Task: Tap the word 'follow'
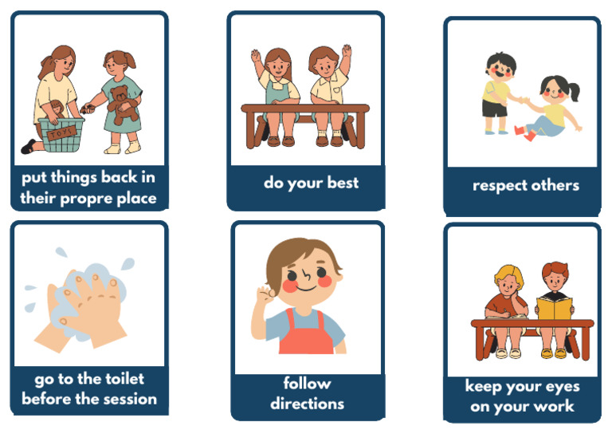(x=307, y=383)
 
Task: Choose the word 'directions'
(x=307, y=403)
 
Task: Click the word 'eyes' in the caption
(x=559, y=387)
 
